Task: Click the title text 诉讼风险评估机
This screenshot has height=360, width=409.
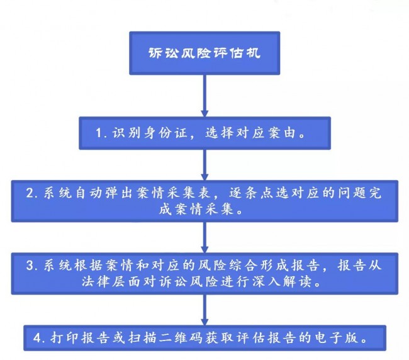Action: pos(204,53)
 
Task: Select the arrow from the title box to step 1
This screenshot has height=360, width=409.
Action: pos(204,96)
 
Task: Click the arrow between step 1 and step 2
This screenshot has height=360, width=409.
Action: pos(204,165)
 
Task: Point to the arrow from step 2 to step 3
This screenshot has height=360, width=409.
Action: pos(204,237)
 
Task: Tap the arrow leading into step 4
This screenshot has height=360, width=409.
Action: pos(204,310)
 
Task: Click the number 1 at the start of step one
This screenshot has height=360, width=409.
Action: pos(99,133)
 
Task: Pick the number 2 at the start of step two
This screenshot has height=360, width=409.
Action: pos(30,193)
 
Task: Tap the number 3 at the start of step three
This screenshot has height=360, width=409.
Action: pos(30,266)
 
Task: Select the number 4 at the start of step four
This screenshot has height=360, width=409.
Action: pos(37,339)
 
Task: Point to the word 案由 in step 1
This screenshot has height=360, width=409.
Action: pos(283,133)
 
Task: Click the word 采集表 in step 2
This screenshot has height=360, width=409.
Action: pos(194,193)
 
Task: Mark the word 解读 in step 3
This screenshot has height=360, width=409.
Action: pos(297,281)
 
